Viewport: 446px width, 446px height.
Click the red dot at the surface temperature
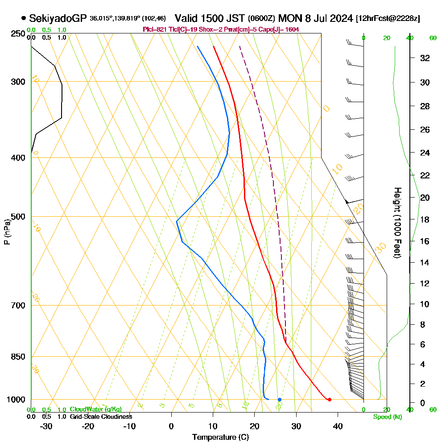(329, 400)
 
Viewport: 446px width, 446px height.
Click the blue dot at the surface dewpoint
(280, 400)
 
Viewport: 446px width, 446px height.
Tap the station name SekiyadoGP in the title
(58, 19)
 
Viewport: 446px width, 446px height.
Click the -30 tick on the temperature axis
(46, 426)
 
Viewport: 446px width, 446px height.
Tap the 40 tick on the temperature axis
(338, 426)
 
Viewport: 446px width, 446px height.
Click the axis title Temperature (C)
(220, 438)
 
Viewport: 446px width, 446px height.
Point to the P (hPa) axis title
(7, 232)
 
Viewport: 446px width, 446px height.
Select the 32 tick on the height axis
(425, 58)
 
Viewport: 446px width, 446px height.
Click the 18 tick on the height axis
(425, 219)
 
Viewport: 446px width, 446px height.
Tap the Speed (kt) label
(387, 417)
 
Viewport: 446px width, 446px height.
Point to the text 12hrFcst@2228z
(388, 19)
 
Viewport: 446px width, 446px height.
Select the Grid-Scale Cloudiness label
(101, 417)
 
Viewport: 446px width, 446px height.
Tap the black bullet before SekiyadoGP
(23, 19)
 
